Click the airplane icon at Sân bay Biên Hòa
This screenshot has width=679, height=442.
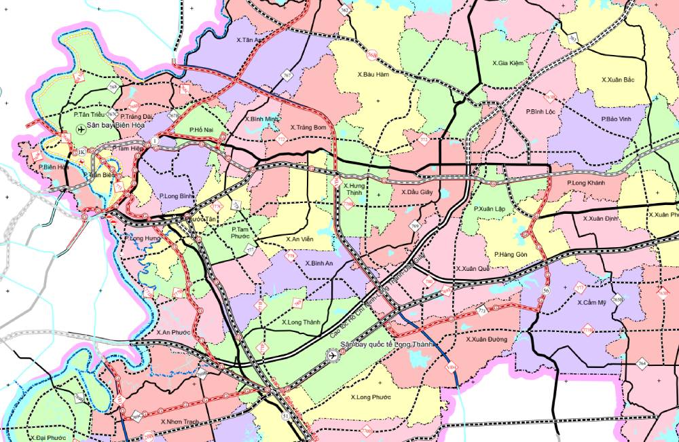click(x=81, y=129)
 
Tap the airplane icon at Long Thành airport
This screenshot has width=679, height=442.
click(x=332, y=354)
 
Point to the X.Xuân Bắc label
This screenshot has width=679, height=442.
click(x=617, y=79)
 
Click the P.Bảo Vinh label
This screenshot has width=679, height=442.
click(x=616, y=119)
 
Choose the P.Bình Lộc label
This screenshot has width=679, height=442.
click(x=540, y=111)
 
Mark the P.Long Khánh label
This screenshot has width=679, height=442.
click(x=585, y=183)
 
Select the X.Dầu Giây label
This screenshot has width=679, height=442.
click(x=417, y=192)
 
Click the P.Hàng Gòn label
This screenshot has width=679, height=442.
click(x=511, y=254)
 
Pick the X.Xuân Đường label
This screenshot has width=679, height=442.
click(x=487, y=338)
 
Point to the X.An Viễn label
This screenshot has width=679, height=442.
click(x=299, y=239)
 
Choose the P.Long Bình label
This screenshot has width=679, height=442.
click(x=177, y=196)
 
